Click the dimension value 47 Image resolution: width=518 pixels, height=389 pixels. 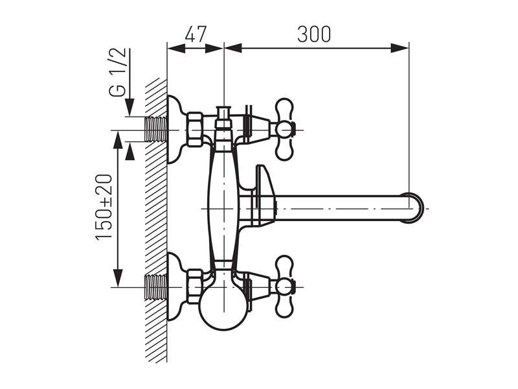[x=195, y=34]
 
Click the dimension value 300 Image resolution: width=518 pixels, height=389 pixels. [x=314, y=34]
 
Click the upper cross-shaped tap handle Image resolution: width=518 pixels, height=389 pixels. [x=284, y=130]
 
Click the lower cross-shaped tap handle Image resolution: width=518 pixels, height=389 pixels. [x=284, y=286]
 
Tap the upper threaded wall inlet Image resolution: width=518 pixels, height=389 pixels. [x=154, y=130]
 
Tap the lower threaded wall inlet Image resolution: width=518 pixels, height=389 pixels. [x=154, y=286]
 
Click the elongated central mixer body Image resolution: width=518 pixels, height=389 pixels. [x=223, y=207]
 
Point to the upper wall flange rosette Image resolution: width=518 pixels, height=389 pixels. [x=174, y=130]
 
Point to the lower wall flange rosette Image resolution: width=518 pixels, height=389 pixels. [x=174, y=286]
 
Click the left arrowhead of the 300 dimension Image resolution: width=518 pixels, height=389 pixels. [x=231, y=47]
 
